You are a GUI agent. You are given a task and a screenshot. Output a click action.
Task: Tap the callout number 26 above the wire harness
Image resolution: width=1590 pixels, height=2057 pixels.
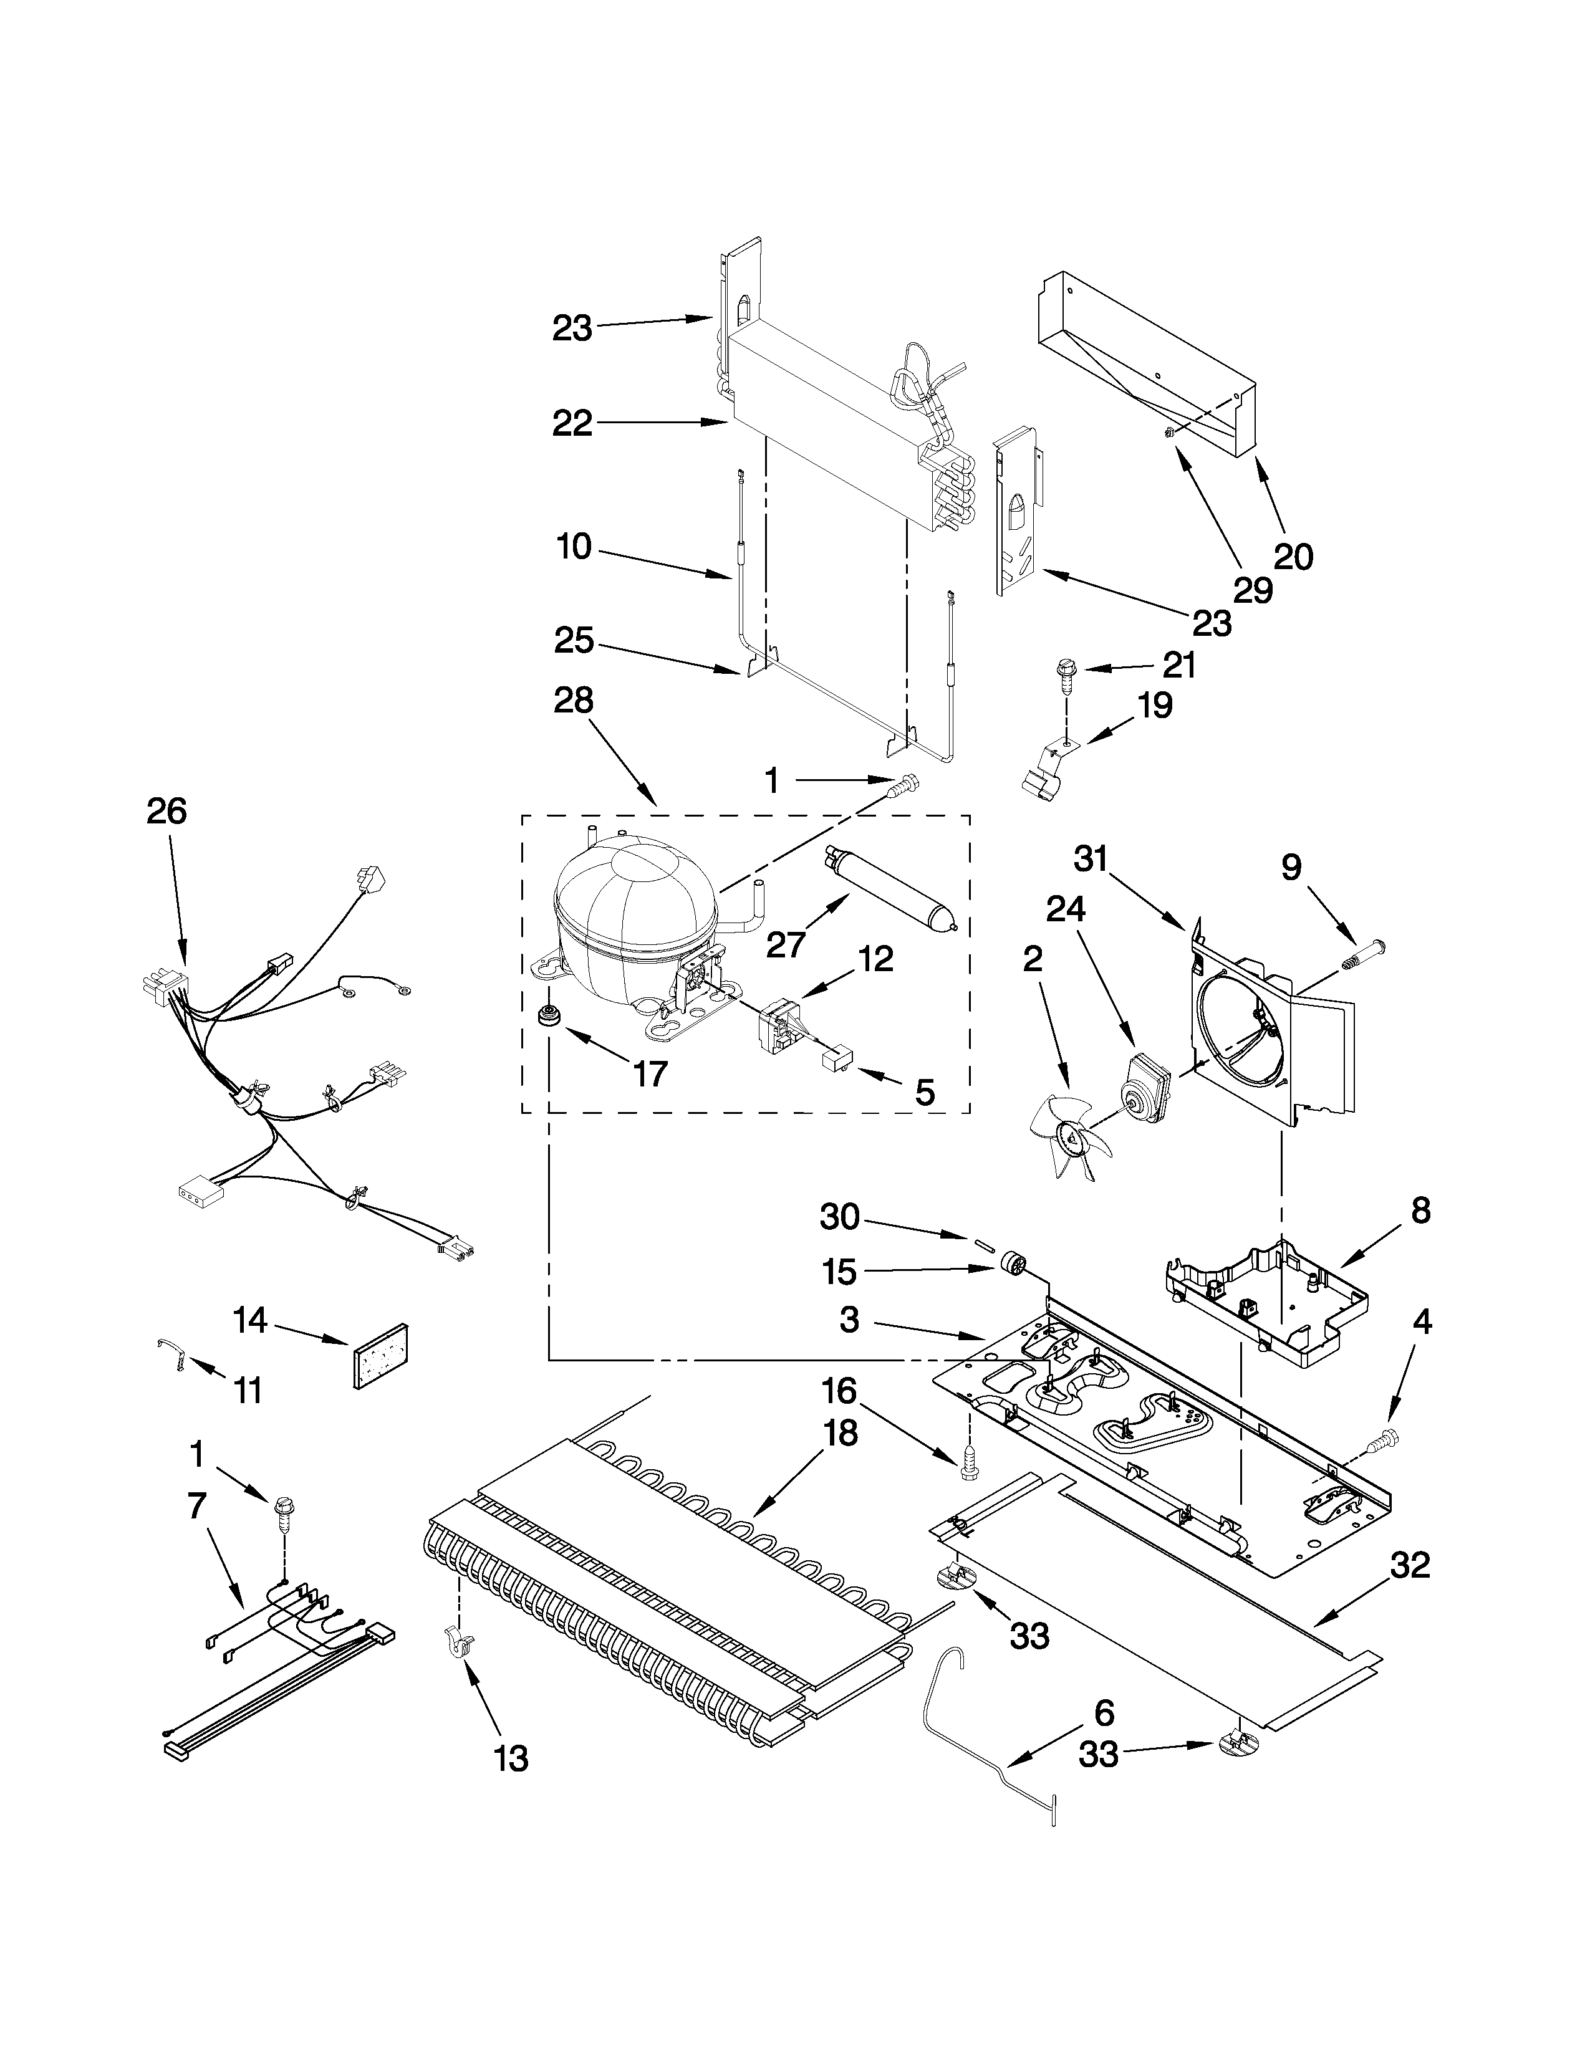pos(166,811)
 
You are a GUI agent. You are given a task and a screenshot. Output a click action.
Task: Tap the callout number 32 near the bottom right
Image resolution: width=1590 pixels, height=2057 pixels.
pos(1409,1565)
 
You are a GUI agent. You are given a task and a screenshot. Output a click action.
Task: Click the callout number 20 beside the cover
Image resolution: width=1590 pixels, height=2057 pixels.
pos(1293,557)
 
